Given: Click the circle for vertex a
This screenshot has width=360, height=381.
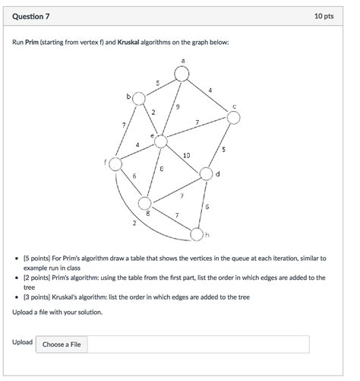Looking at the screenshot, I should coord(182,73).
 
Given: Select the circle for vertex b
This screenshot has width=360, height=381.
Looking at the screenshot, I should coord(137,98).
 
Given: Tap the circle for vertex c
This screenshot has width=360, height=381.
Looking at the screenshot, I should coord(234,117).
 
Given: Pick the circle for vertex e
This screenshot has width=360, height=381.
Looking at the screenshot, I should coord(160,141).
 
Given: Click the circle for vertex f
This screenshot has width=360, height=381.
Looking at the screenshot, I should coord(115,164).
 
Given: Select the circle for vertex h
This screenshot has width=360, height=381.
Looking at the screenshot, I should coord(197,233).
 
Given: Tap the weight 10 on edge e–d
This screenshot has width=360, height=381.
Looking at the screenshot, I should coord(187,156).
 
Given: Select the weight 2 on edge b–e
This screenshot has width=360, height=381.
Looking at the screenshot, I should coord(153,113).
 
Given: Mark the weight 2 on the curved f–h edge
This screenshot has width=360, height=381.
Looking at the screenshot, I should coord(134,224).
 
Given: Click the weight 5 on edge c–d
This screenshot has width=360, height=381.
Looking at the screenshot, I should coord(223,149).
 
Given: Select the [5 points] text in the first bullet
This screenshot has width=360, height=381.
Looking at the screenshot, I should coord(39,259).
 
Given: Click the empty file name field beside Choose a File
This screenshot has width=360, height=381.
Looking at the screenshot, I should coord(199,344).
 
